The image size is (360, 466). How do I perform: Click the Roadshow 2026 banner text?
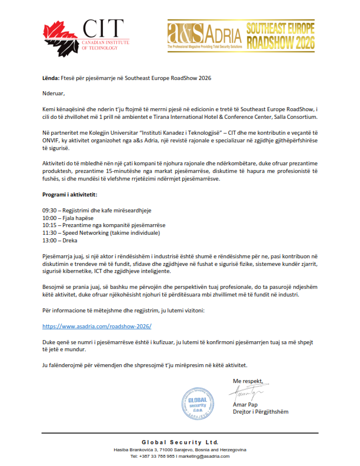click(x=280, y=36)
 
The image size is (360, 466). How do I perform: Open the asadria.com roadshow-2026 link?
click(x=97, y=325)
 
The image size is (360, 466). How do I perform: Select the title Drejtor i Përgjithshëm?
click(x=261, y=412)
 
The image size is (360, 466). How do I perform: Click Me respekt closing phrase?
click(x=248, y=381)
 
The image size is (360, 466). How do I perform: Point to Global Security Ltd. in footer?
click(x=180, y=442)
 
